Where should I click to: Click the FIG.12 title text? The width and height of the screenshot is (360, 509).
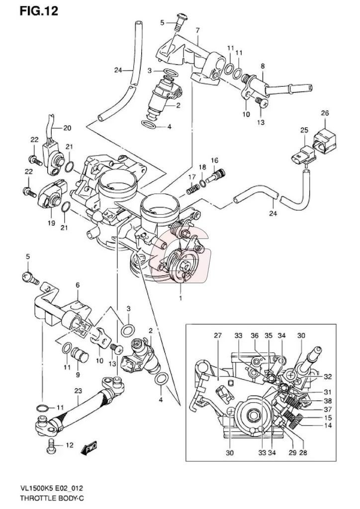39,11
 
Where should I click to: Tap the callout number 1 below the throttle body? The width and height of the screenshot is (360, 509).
181,298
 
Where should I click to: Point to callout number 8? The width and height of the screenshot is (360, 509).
262,66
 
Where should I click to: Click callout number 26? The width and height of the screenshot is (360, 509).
325,113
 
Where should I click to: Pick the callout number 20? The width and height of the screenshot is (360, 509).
67,128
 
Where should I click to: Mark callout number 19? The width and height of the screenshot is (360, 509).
51,223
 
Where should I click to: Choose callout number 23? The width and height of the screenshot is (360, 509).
78,391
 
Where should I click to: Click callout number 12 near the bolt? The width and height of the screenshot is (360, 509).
69,445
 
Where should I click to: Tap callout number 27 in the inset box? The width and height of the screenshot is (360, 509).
217,336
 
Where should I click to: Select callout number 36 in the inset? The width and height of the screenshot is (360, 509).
255,336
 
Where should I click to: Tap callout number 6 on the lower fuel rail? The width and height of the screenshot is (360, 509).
78,285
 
